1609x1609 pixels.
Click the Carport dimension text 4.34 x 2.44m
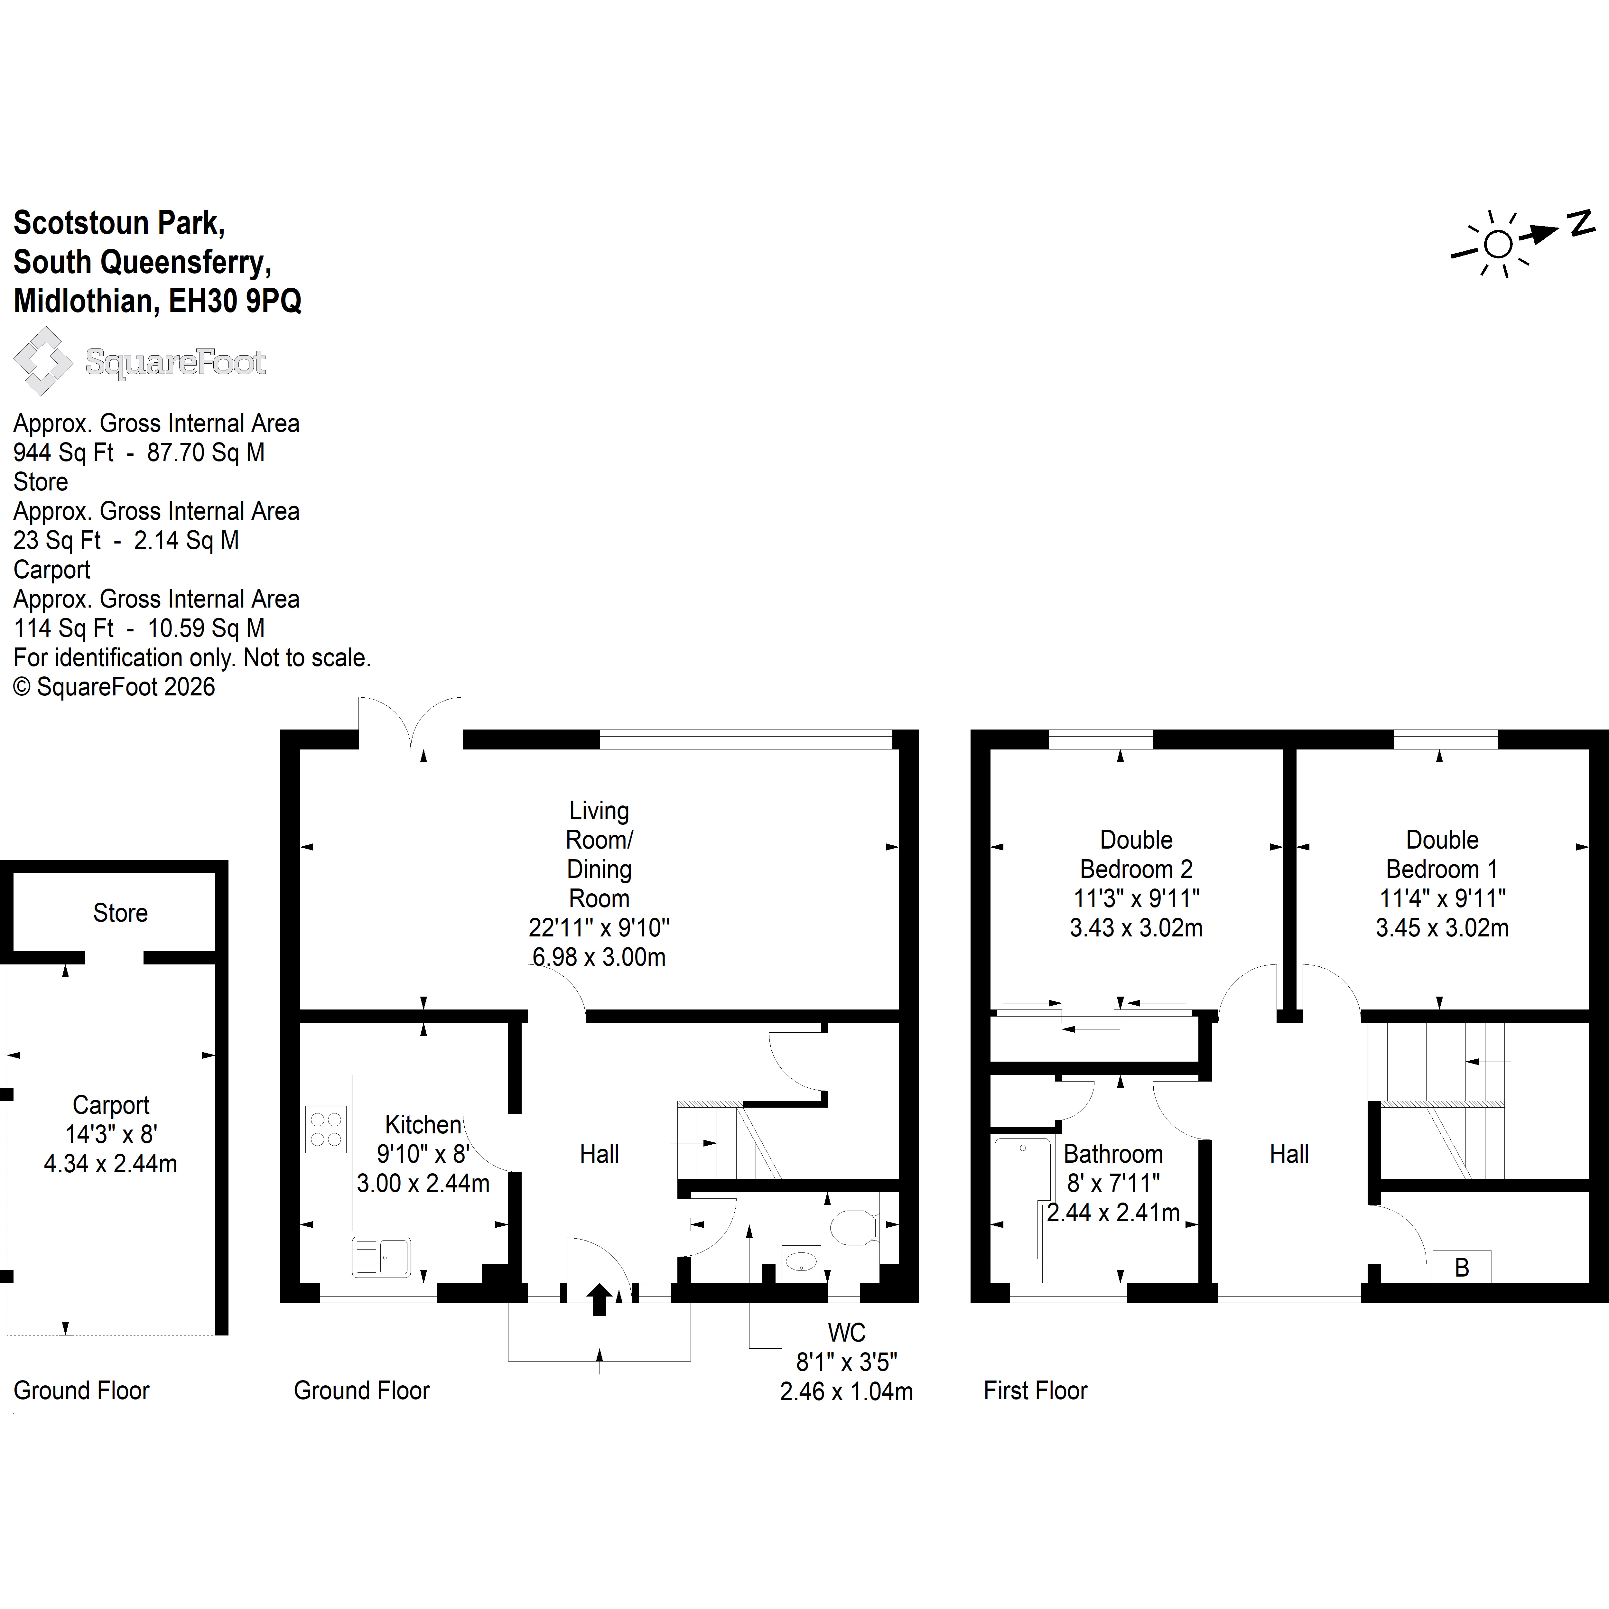tap(111, 1163)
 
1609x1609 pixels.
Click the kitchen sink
tap(381, 1257)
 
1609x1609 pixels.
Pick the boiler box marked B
tap(1462, 1267)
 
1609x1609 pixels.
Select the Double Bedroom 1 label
tap(1442, 854)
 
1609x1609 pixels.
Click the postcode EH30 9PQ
tap(235, 301)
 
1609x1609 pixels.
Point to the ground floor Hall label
tap(600, 1154)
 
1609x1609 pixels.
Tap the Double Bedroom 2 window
tap(1101, 739)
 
